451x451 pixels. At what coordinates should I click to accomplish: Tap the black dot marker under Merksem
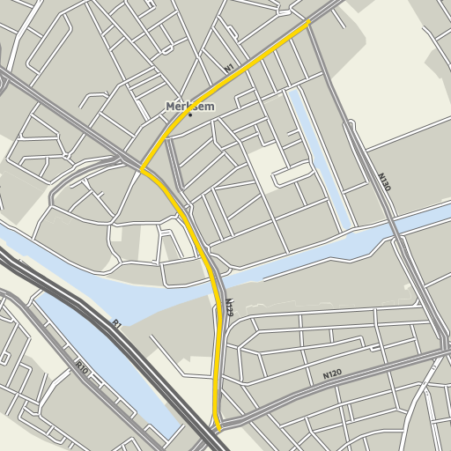click(189, 115)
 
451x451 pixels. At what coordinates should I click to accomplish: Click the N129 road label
click(228, 307)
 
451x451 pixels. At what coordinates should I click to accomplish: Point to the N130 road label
click(383, 182)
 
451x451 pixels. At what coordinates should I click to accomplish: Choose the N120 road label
click(331, 374)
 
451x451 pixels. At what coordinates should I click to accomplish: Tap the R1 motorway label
click(115, 324)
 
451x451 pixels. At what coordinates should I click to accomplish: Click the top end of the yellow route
click(310, 21)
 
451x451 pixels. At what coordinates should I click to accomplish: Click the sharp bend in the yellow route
click(143, 168)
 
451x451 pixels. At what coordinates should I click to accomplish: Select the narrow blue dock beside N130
click(314, 141)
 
